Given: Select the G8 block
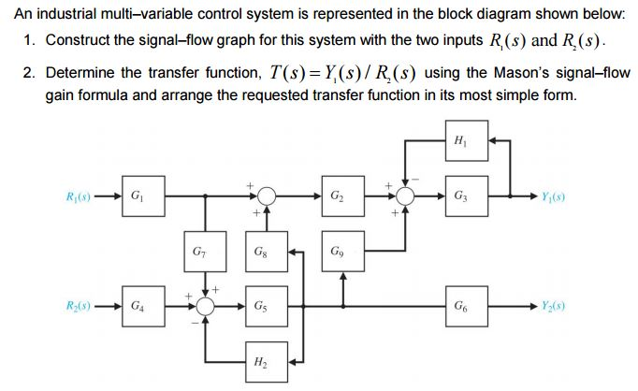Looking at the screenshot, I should [267, 252].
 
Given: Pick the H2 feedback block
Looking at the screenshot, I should [267, 361].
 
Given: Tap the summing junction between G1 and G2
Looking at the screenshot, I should [267, 196].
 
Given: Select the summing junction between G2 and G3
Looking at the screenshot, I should [406, 196].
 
